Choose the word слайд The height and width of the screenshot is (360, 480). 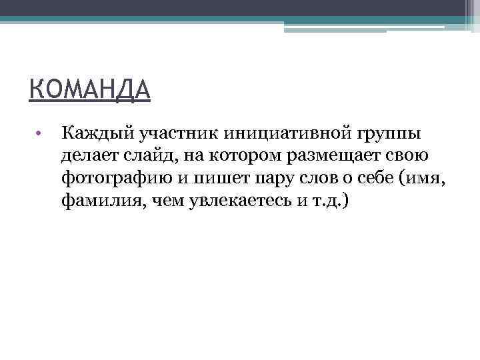(153, 155)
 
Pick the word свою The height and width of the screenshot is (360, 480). (408, 155)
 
